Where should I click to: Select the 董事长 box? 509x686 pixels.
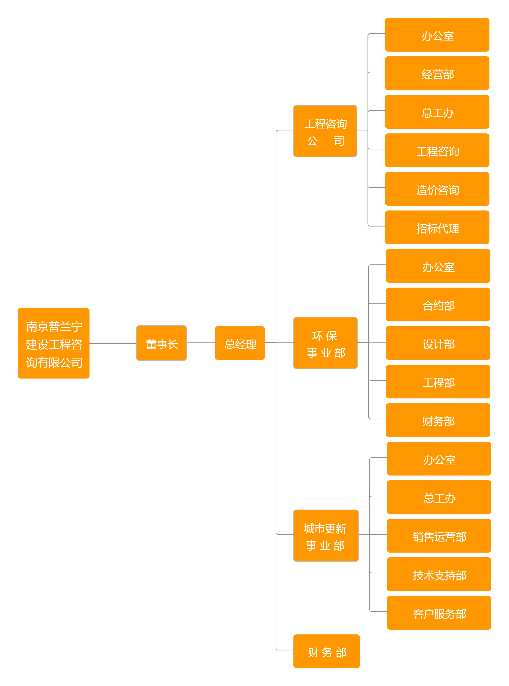pos(161,343)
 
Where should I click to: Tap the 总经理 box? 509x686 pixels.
pos(240,343)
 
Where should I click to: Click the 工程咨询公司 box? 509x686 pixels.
pos(325,131)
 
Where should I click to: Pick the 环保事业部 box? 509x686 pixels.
pos(325,343)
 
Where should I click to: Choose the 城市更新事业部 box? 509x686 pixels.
pos(326,536)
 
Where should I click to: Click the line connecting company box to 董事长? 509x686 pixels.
pos(113,343)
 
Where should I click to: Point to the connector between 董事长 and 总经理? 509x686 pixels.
pos(201,343)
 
